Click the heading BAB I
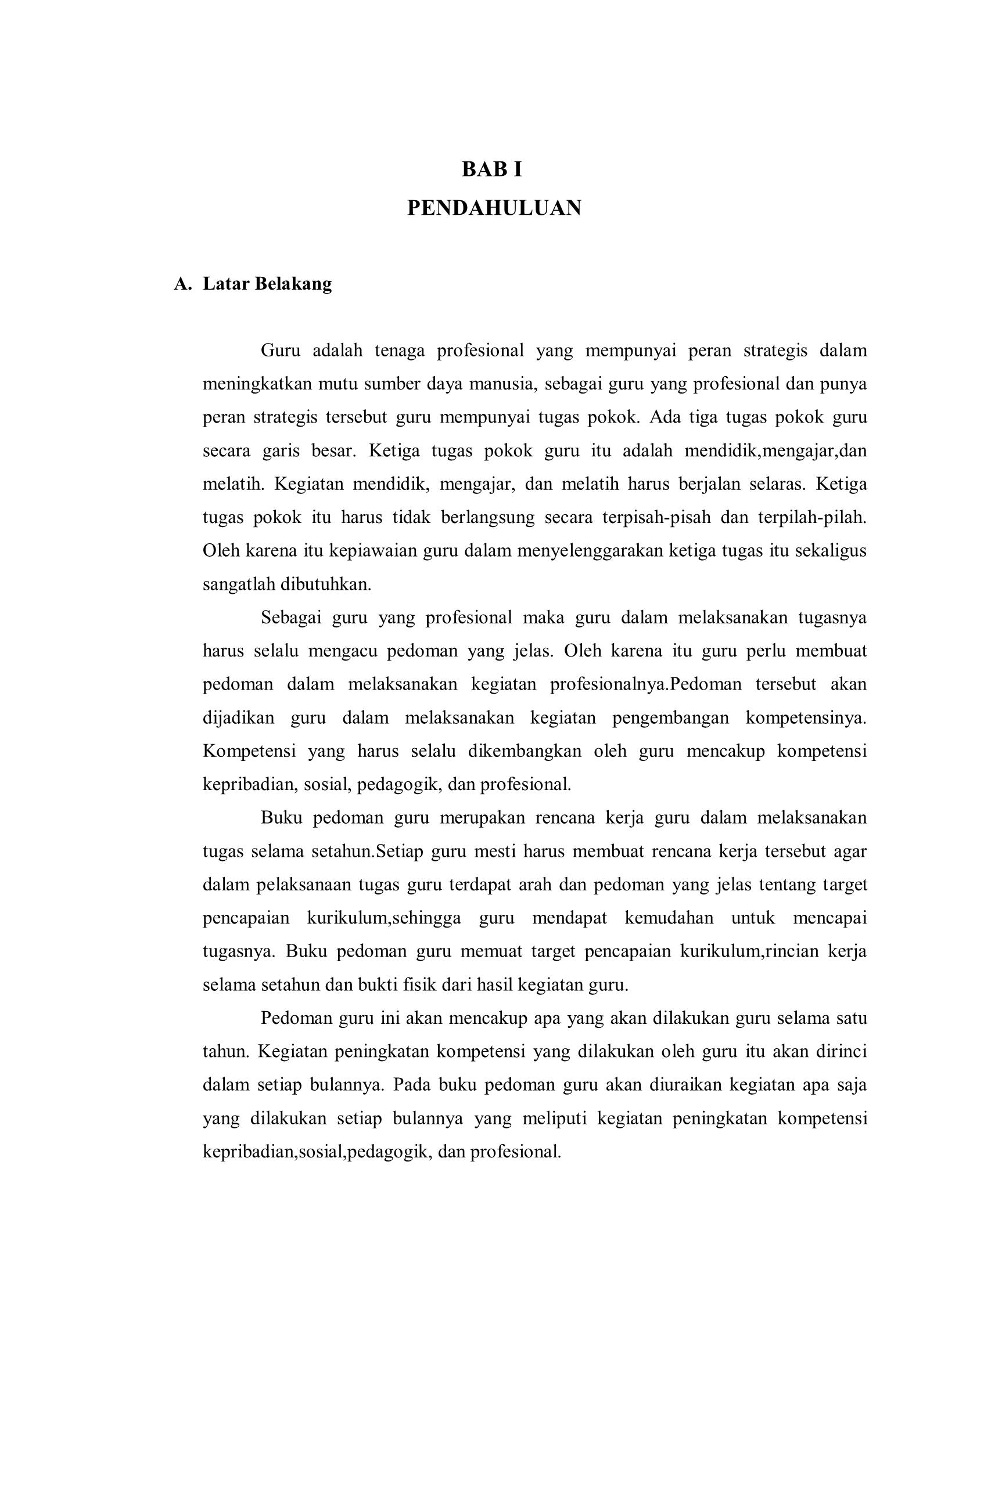[x=491, y=170]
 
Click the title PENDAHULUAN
[x=494, y=208]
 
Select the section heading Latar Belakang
[x=267, y=284]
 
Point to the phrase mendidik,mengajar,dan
[x=775, y=450]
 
